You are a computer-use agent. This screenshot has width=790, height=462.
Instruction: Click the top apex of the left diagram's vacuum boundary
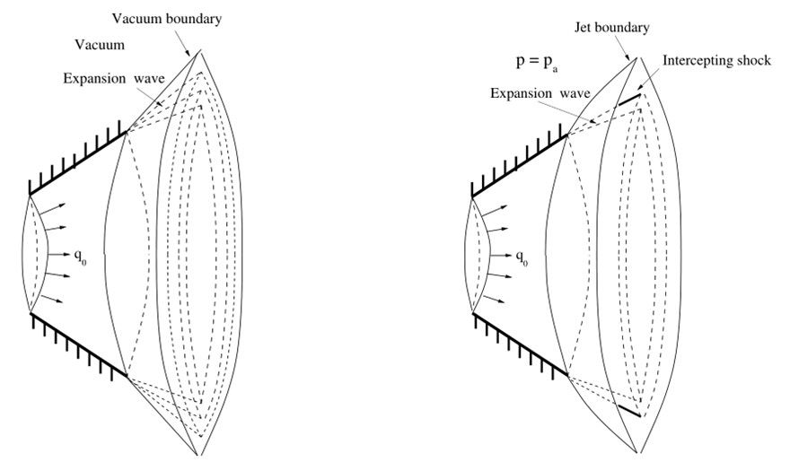coord(199,52)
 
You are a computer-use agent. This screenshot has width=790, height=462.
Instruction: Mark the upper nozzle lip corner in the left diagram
coord(127,132)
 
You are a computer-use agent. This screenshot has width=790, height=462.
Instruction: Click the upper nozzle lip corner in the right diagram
coord(567,135)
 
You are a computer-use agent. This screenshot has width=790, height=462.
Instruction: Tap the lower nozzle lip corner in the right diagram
coord(568,374)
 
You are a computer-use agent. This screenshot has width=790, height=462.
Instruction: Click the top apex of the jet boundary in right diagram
coord(637,57)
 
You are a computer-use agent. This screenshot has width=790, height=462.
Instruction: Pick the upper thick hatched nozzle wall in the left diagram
coord(79,162)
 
